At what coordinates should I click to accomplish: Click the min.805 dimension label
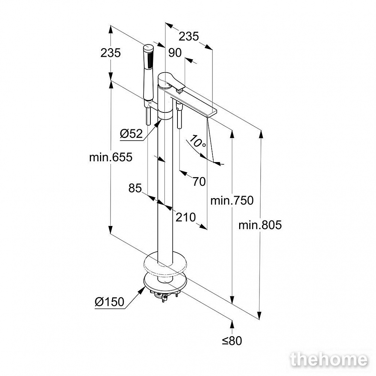pos(260,225)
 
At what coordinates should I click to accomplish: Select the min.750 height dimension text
pos(232,200)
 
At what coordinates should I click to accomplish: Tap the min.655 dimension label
pos(111,157)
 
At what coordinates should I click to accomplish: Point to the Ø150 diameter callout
pos(109,302)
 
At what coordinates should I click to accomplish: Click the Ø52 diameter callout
pos(131,133)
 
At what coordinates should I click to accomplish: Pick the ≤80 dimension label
pos(232,341)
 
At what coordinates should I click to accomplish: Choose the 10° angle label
pos(197,141)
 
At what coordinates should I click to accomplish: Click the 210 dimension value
pos(186,217)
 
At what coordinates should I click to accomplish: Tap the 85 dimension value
pos(135,188)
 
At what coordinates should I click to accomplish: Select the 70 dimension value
pos(199,182)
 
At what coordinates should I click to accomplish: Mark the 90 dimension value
pos(175,53)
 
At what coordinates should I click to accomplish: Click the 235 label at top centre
pos(189,36)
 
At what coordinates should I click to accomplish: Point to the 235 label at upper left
pos(111,53)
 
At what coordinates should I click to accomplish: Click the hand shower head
pos(148,71)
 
